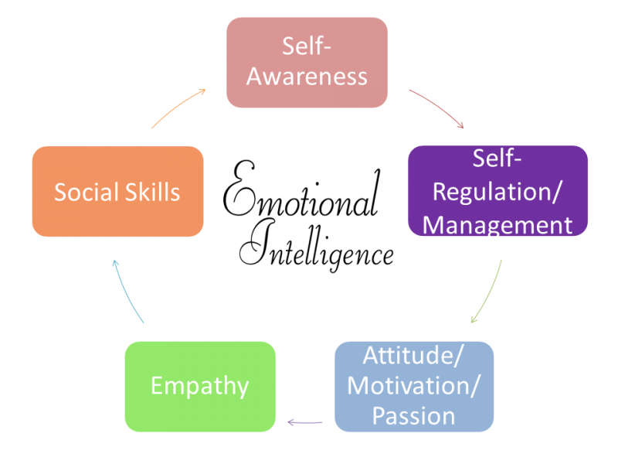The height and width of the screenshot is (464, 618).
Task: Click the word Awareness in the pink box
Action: (x=307, y=76)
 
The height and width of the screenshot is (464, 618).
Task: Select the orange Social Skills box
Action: (x=118, y=191)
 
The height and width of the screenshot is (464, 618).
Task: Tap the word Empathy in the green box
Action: (x=200, y=386)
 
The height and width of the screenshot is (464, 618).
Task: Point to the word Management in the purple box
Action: (x=497, y=226)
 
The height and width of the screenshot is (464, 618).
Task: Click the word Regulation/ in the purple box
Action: (x=497, y=192)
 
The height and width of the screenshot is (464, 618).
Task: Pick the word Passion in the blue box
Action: (x=414, y=416)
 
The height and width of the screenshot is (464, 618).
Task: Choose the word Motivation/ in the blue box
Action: (x=414, y=385)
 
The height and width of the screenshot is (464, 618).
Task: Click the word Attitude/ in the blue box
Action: (x=413, y=355)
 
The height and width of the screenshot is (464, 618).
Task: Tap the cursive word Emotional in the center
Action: (x=302, y=189)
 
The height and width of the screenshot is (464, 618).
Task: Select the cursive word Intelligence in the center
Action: (x=317, y=247)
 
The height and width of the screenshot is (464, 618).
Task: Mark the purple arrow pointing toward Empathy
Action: (x=305, y=422)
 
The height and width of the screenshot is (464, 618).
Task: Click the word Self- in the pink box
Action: (x=306, y=46)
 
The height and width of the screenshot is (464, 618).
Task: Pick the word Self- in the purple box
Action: (x=497, y=159)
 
